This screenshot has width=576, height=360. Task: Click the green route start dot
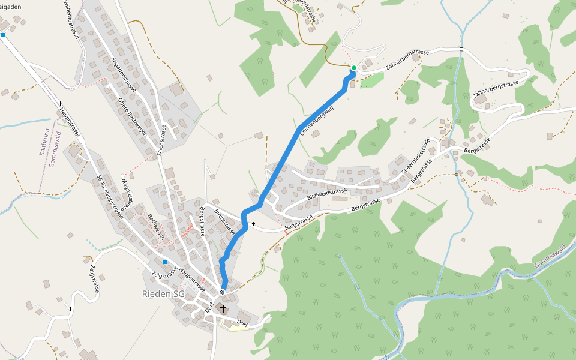click(354, 68)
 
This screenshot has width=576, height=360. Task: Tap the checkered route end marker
click(223, 292)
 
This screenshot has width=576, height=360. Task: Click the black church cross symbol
click(223, 309)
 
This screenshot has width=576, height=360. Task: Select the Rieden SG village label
click(163, 294)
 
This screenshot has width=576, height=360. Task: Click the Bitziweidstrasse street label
click(327, 192)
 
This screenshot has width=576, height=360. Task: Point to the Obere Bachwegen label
click(133, 117)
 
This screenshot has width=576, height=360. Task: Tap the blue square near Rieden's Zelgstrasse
click(164, 262)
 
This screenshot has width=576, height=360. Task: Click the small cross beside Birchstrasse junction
click(253, 224)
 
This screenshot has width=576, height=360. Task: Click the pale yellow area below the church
click(231, 325)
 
